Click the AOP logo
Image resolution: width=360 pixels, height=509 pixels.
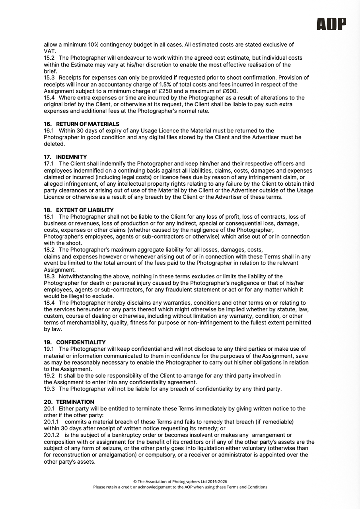point(331,24)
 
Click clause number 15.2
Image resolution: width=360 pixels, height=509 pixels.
point(49,58)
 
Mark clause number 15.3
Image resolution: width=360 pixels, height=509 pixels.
point(49,78)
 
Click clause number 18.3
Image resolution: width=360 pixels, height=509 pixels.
point(49,276)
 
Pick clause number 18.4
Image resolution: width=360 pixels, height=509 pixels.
point(49,303)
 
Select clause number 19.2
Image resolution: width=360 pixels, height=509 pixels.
point(49,376)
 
